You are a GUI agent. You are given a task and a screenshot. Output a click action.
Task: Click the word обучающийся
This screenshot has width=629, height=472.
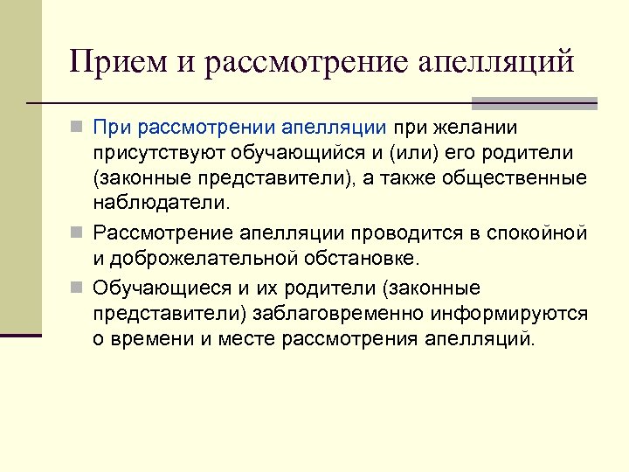[x=304, y=154]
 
